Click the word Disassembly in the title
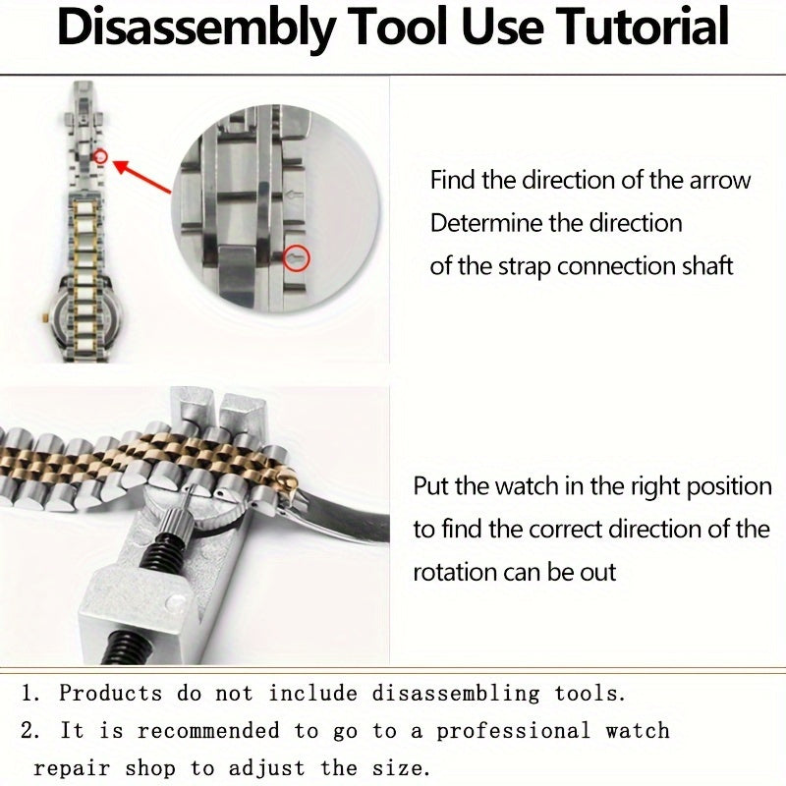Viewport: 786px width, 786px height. pos(196,28)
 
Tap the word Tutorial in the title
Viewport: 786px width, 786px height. pos(644,27)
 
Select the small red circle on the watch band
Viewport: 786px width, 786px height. pos(101,157)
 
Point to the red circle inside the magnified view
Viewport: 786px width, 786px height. pos(297,258)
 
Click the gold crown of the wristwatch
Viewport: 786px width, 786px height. pos(43,317)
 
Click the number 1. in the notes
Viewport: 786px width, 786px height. pos(30,694)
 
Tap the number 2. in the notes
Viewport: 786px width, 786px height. pos(30,730)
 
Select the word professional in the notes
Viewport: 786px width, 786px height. pos(513,731)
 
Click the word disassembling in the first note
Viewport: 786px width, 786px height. pos(456,695)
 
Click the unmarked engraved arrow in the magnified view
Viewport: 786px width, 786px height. pos(294,195)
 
